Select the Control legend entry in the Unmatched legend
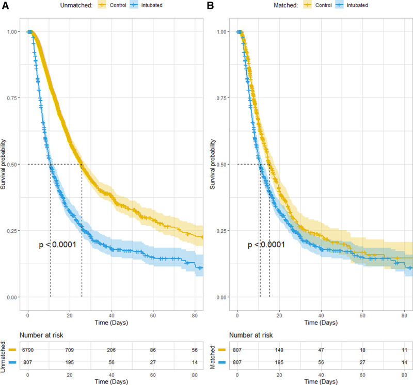113,5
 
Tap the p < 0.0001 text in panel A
58,245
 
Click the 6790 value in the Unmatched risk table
28,349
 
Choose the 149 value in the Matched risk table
279,349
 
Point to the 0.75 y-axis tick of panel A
12,98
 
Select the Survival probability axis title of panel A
3,164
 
